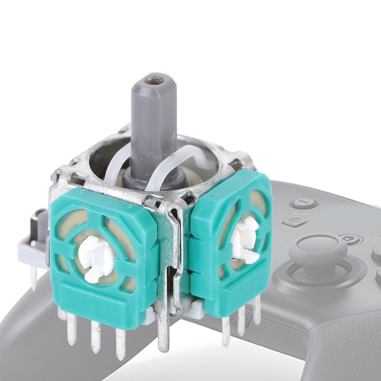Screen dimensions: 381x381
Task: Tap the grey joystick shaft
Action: click(x=153, y=127)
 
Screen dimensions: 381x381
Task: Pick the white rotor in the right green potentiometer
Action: click(x=244, y=238)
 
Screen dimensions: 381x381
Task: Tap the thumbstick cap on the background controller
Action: click(x=318, y=249)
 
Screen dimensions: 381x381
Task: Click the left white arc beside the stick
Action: click(x=113, y=167)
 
